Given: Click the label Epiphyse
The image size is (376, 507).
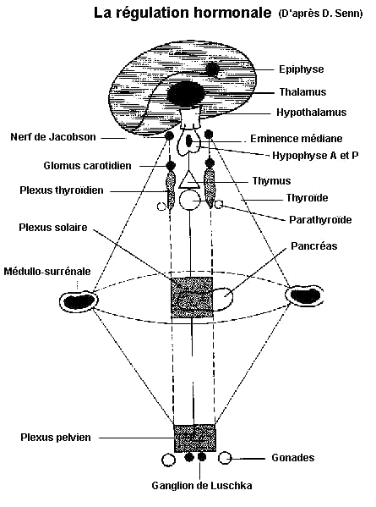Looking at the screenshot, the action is pyautogui.click(x=301, y=69).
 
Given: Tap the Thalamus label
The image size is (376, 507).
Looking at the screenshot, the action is pyautogui.click(x=302, y=91).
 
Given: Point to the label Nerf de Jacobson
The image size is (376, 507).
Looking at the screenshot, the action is pyautogui.click(x=53, y=137).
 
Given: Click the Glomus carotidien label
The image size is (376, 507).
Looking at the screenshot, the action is pyautogui.click(x=87, y=166).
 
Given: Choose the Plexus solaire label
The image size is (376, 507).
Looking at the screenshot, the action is pyautogui.click(x=53, y=228).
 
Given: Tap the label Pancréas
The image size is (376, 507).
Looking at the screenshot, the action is pyautogui.click(x=313, y=246).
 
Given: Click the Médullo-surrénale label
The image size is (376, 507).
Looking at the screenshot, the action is pyautogui.click(x=47, y=272).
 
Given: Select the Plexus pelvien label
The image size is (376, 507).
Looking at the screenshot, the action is pyautogui.click(x=56, y=438).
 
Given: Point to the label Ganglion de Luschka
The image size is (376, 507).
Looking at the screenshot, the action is pyautogui.click(x=202, y=486).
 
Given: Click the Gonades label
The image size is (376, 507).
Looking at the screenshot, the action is pyautogui.click(x=292, y=458).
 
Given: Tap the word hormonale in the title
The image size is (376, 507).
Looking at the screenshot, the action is pyautogui.click(x=232, y=13).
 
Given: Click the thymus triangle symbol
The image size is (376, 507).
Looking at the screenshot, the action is pyautogui.click(x=188, y=180).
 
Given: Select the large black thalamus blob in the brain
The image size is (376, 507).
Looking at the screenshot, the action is pyautogui.click(x=185, y=93).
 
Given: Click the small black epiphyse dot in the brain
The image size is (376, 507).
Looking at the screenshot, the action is pyautogui.click(x=212, y=69).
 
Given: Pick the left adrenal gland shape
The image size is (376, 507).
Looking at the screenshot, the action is pyautogui.click(x=78, y=301).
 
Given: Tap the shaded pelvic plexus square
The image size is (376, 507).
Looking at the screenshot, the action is pyautogui.click(x=194, y=438).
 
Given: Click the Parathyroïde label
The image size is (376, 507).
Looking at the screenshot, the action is pyautogui.click(x=320, y=220).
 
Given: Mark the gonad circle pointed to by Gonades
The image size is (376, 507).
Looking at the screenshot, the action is pyautogui.click(x=225, y=458).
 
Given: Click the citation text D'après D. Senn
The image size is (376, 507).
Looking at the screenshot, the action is pyautogui.click(x=320, y=14).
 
